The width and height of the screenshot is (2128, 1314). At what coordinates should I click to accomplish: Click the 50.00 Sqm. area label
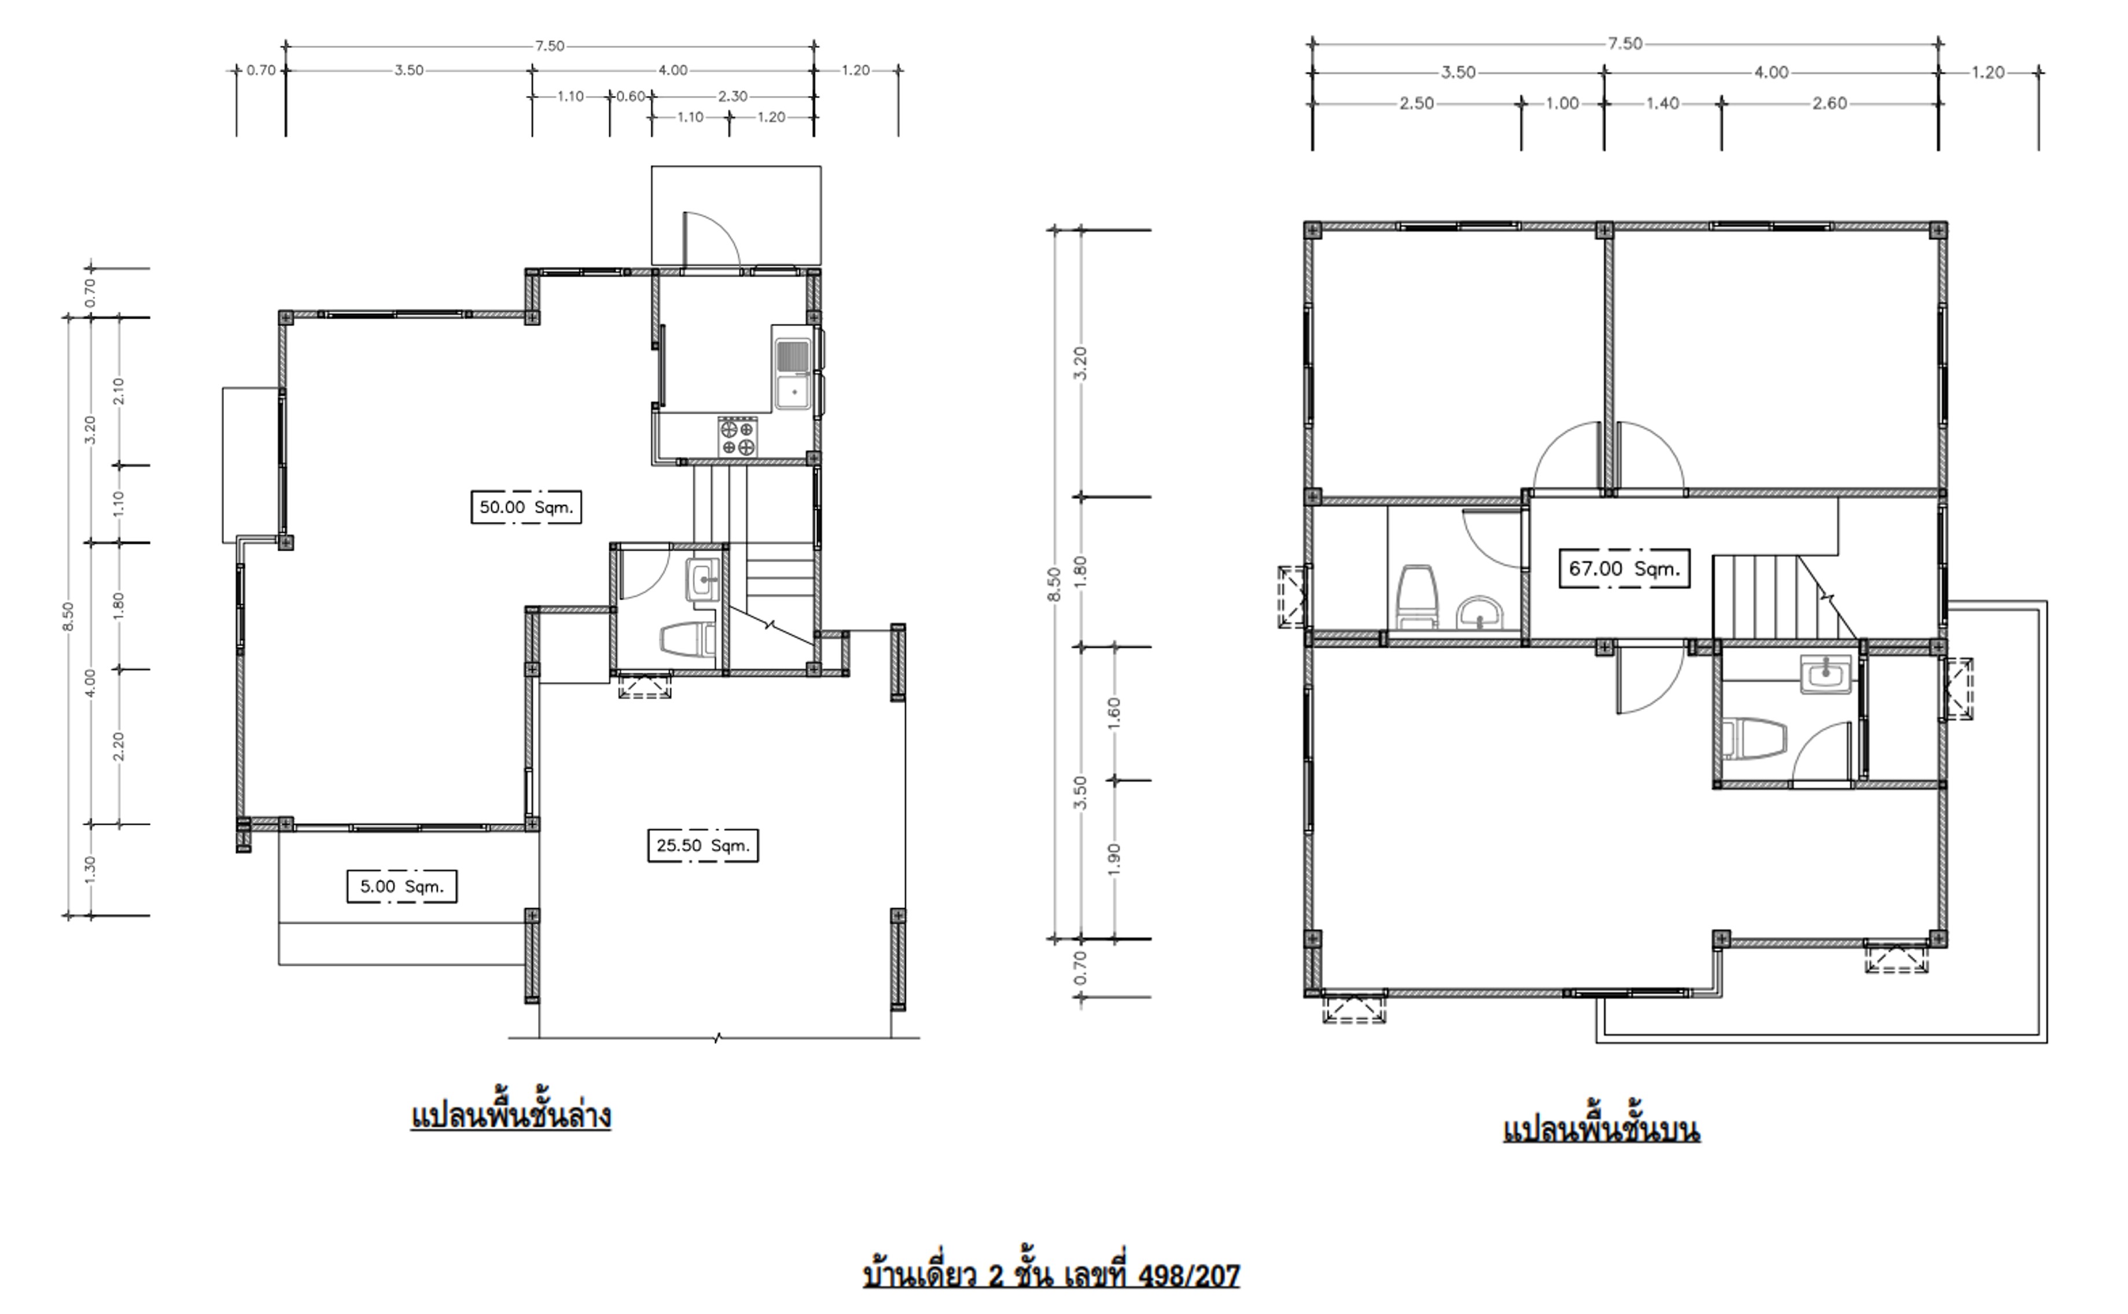(x=526, y=508)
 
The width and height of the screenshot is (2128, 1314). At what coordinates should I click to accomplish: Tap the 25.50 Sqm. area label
(x=702, y=846)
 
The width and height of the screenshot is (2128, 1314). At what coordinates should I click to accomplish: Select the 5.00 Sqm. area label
(x=402, y=887)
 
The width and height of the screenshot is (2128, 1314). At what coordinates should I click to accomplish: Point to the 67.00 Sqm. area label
(x=1624, y=569)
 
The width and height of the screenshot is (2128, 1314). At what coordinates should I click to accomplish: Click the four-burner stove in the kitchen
(x=737, y=436)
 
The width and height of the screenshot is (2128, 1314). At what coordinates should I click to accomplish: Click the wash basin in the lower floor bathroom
(x=702, y=580)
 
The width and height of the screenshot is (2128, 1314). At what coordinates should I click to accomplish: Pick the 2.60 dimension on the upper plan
(x=1829, y=104)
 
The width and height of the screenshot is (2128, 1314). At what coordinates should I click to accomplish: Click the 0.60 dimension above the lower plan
(x=631, y=97)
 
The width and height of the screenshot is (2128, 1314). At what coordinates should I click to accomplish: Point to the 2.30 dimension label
(x=733, y=97)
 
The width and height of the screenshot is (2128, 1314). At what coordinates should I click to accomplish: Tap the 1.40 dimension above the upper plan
(x=1662, y=104)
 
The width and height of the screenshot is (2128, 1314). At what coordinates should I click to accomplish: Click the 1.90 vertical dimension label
(x=1115, y=859)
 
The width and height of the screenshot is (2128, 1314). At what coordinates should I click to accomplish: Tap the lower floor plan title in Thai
(x=510, y=1116)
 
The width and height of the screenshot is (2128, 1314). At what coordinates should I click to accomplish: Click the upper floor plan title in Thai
(x=1601, y=1129)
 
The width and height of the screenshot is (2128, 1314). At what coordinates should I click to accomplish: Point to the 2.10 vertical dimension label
(x=119, y=391)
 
